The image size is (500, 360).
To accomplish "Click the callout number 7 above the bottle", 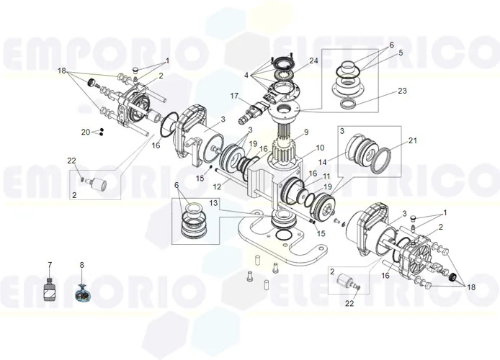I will click(x=50, y=266).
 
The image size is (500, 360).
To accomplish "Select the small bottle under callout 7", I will click(x=50, y=291).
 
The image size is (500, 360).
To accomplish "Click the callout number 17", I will click(x=233, y=96).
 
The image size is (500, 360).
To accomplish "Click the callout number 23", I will click(x=402, y=91).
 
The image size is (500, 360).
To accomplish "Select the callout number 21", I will click(x=413, y=140).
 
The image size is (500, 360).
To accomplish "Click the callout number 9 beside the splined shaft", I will click(x=305, y=132).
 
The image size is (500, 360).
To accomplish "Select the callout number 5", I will click(x=401, y=53).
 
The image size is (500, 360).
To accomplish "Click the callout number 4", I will click(x=246, y=75).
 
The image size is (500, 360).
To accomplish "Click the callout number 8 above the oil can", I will click(x=81, y=266).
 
